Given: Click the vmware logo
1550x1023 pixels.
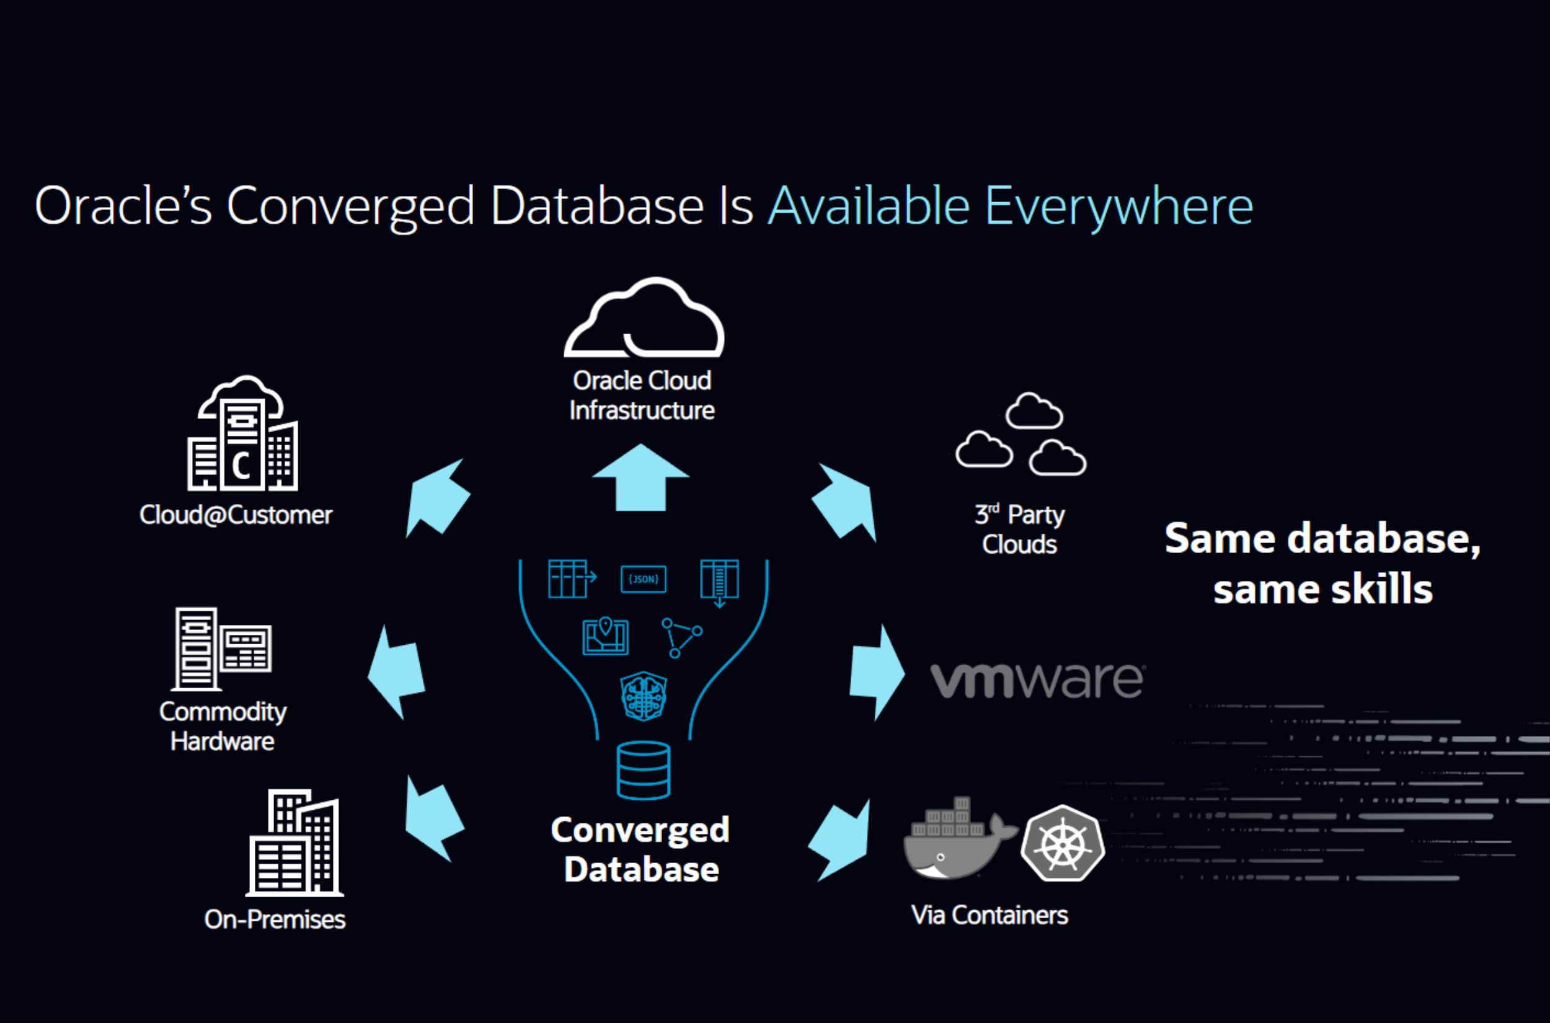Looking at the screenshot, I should coord(1037,681).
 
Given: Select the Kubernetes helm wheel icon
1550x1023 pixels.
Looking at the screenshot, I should coord(1063,844).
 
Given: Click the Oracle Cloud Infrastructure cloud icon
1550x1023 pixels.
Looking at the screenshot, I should coord(644,319).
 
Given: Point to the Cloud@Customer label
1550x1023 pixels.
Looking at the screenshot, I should coord(236,515).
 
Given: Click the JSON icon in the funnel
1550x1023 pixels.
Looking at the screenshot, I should coord(643,578).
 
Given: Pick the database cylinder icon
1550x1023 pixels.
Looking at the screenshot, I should coord(643,770).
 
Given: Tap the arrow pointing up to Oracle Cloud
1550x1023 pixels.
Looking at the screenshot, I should coord(640,478).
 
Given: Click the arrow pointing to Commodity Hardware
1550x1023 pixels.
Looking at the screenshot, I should coord(397,672).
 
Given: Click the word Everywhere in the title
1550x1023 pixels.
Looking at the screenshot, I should coord(1118,206).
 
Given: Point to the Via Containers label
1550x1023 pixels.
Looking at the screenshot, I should coord(989,914).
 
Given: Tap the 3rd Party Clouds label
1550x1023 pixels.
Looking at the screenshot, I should coord(1019,529).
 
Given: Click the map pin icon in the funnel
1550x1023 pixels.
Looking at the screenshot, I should coord(605,636).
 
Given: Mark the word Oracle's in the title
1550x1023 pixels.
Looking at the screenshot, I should coord(123,206).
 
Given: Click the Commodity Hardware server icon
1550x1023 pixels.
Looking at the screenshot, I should coord(222,649).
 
